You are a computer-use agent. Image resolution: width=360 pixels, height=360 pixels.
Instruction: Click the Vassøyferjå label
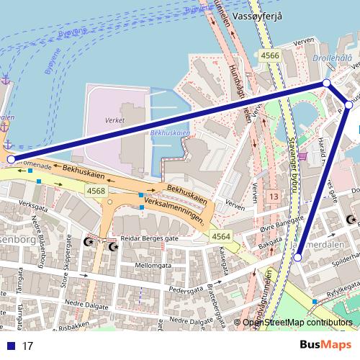pyautogui.click(x=258, y=16)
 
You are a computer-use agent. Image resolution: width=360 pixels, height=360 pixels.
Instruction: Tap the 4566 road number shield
pyautogui.click(x=271, y=55)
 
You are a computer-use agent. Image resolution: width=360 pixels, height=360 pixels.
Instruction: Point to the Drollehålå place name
pyautogui.click(x=333, y=58)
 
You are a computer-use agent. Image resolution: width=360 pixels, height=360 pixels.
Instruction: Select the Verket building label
pyautogui.click(x=115, y=121)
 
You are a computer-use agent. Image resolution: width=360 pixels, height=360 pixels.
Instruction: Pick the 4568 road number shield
pyautogui.click(x=96, y=191)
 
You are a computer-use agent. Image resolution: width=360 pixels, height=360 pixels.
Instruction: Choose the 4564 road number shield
pyautogui.click(x=221, y=237)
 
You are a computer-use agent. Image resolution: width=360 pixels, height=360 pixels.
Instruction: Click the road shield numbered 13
pyautogui.click(x=273, y=197)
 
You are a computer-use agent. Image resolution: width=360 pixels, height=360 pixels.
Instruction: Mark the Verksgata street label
pyautogui.click(x=38, y=204)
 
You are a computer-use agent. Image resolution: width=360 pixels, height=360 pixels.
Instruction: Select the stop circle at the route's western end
pyautogui.click(x=10, y=159)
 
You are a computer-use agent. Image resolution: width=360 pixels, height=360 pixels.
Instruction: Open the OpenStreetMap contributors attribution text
pyautogui.click(x=297, y=323)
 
